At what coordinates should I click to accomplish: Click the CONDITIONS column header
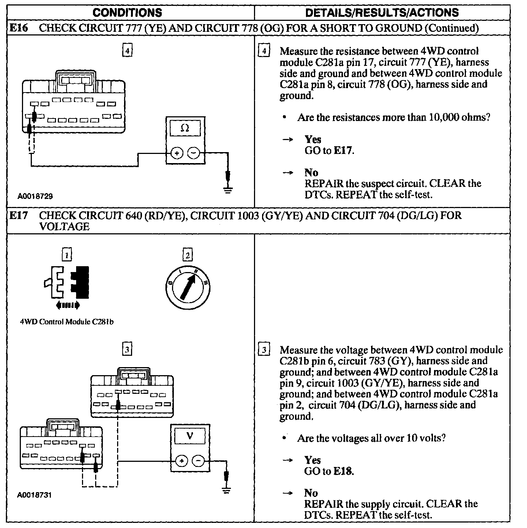(127, 12)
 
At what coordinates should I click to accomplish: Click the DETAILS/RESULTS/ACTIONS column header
(382, 12)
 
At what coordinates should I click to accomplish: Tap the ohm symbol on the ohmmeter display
(185, 129)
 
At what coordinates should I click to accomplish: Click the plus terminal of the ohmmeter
(177, 153)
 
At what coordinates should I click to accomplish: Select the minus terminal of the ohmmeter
(194, 153)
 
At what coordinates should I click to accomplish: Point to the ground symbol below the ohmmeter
(228, 189)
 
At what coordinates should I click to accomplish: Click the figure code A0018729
(35, 196)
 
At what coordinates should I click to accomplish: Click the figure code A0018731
(34, 495)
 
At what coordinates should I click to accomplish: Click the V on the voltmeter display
(190, 436)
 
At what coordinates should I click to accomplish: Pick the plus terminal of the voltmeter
(182, 461)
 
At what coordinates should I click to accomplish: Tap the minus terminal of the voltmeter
(199, 461)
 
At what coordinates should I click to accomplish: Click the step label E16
(18, 28)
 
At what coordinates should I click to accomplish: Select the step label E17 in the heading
(18, 215)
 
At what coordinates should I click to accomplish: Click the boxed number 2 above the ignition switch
(188, 255)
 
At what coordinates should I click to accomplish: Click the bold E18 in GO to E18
(343, 471)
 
